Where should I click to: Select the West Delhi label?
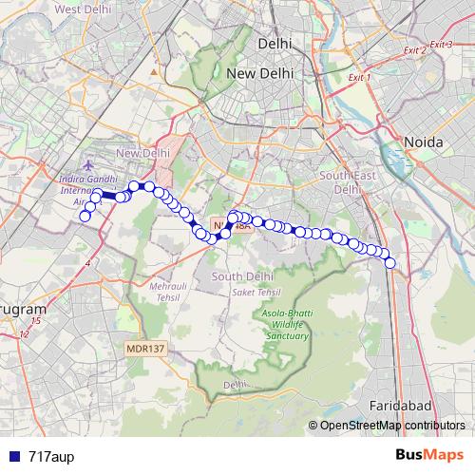point(82,9)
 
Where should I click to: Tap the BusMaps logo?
point(429,456)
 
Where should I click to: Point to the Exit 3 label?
point(440,45)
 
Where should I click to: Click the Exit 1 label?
point(359,77)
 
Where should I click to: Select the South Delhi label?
point(242,275)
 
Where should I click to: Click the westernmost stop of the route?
point(85,217)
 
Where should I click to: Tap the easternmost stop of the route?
point(390,262)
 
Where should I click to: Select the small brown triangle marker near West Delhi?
point(153,70)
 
